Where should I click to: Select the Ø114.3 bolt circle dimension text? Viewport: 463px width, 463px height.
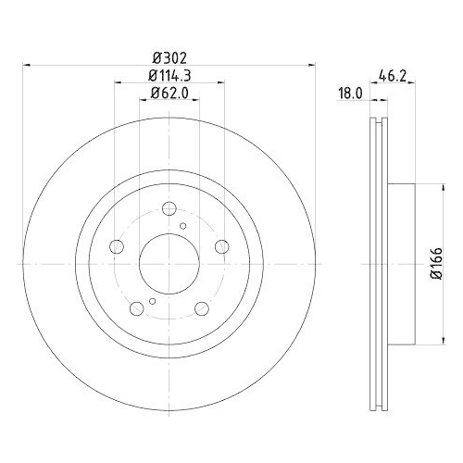pos(169,76)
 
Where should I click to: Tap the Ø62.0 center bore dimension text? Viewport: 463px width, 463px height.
pos(169,93)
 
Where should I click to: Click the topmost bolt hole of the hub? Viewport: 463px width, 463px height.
pos(169,208)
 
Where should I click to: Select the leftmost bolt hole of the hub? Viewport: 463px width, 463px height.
pos(117,246)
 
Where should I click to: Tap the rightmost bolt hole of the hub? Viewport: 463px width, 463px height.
pos(222,246)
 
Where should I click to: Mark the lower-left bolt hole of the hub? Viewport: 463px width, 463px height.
pos(137,308)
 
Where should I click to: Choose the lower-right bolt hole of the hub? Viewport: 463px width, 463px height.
pos(202,308)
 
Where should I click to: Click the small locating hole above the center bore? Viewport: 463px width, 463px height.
pos(182,226)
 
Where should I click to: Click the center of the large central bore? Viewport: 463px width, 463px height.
pos(169,264)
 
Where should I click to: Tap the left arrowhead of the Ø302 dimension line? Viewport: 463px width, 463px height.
pos(26,65)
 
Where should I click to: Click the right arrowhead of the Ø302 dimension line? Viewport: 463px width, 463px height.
pos(311,65)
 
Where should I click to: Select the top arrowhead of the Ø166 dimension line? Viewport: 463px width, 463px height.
pos(426,188)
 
